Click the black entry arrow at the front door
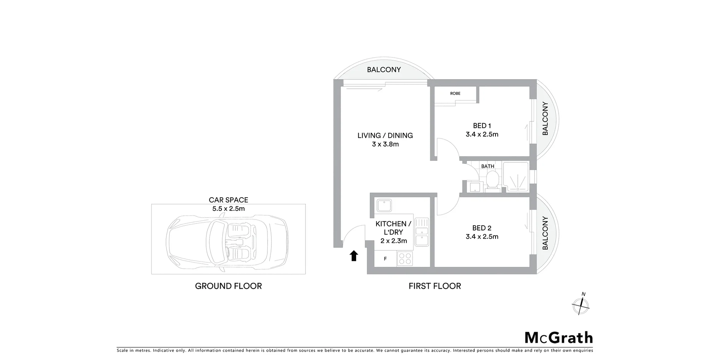[x=354, y=256]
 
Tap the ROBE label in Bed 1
[x=455, y=94]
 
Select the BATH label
[x=487, y=166]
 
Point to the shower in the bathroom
[x=516, y=177]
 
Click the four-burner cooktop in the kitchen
[x=405, y=258]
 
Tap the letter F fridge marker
[x=385, y=259]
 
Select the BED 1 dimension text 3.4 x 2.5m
[x=482, y=135]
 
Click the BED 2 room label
[x=481, y=228]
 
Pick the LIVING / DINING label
[x=385, y=136]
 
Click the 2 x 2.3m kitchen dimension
[x=393, y=241]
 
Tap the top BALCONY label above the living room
[x=384, y=70]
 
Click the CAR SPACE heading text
[x=228, y=200]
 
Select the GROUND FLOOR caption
[x=228, y=286]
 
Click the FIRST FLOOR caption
[x=435, y=286]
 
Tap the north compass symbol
[x=581, y=306]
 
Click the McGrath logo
[x=558, y=338]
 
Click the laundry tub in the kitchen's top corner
[x=384, y=205]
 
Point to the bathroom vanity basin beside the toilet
[x=474, y=187]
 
